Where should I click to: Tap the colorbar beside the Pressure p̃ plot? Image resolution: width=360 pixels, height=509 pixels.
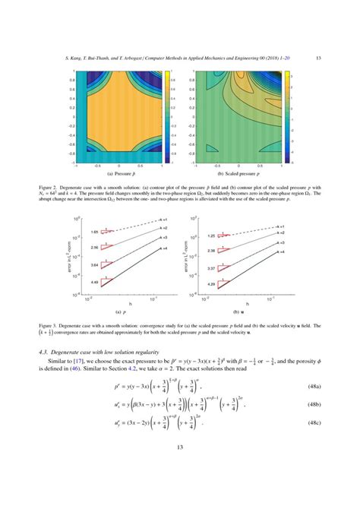(168, 119)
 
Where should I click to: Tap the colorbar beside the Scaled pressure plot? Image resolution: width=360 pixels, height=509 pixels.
(287, 119)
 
